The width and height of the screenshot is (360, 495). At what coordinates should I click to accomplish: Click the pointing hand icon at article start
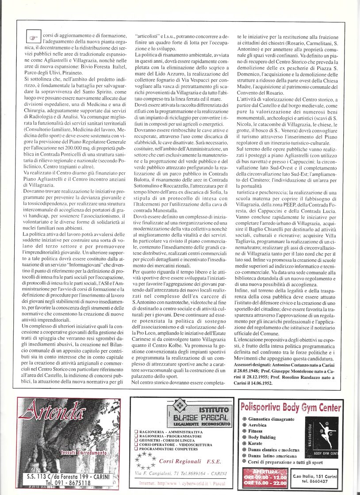(33, 38)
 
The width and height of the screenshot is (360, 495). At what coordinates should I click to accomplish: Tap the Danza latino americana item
(274, 456)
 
